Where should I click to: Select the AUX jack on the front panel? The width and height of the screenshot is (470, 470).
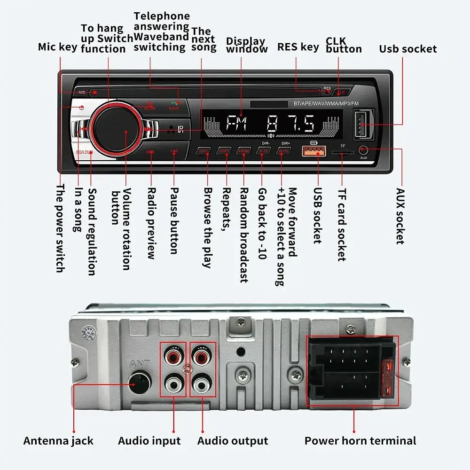click(x=363, y=150)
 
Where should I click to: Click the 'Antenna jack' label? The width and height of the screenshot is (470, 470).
click(x=58, y=441)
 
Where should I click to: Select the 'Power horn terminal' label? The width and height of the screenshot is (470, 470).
click(x=360, y=441)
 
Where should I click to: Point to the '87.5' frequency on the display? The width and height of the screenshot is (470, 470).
click(x=290, y=125)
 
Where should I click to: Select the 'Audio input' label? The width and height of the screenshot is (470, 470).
click(x=149, y=441)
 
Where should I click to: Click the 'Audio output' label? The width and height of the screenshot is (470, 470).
click(x=233, y=441)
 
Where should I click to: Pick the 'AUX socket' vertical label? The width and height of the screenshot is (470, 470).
click(x=399, y=216)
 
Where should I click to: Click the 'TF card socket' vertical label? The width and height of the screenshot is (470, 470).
click(x=342, y=225)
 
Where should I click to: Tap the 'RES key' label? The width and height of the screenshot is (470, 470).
click(x=298, y=47)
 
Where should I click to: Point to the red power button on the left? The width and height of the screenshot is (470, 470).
click(x=82, y=108)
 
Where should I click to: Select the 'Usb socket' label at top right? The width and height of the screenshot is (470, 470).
click(x=408, y=49)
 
